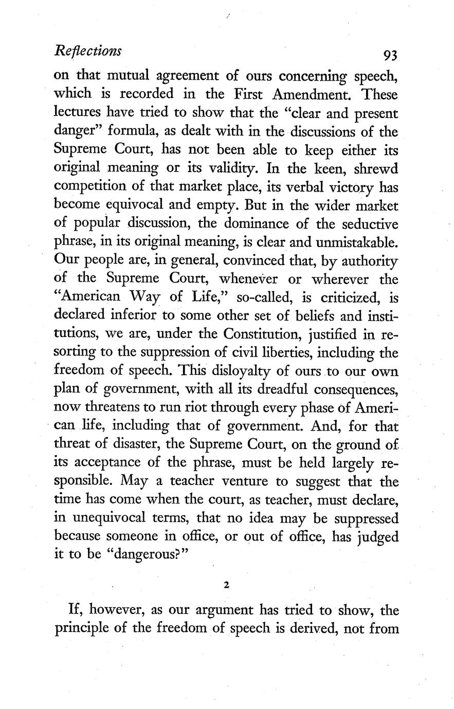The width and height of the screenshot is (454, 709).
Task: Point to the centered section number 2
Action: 226,585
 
